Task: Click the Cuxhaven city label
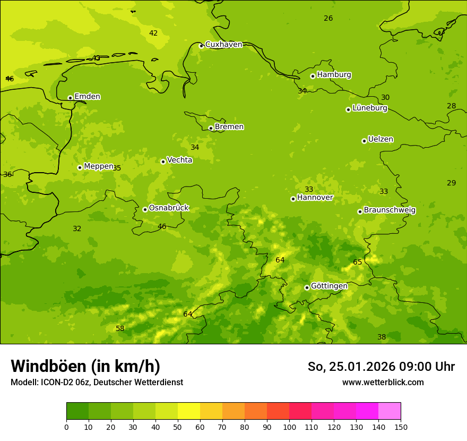[x=223, y=45]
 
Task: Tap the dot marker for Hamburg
[x=313, y=76]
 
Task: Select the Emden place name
[x=87, y=97]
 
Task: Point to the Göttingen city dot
[x=307, y=287]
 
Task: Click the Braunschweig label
[x=390, y=210]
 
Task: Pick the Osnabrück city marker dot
[x=145, y=209]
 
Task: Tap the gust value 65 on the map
[x=358, y=262]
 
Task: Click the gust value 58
[x=120, y=329]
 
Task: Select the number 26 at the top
[x=328, y=19]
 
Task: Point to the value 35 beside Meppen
[x=117, y=168]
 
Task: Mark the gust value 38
[x=382, y=337]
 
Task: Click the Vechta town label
[x=179, y=160]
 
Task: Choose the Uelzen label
[x=380, y=140]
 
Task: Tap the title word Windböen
[x=48, y=366]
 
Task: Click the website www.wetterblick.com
[x=383, y=382]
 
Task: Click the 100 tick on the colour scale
[x=289, y=427]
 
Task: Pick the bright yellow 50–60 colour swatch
[x=189, y=411]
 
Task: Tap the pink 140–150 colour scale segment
[x=390, y=411]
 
